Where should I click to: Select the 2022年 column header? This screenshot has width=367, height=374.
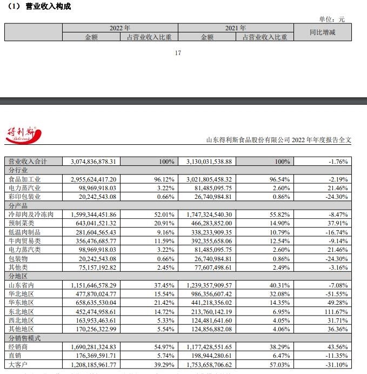[119, 28]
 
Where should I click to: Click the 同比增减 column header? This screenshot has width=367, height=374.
[322, 32]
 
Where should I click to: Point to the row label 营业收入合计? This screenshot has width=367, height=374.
[28, 162]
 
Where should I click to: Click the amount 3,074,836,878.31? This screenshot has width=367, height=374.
[94, 162]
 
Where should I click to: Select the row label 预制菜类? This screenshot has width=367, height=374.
[21, 223]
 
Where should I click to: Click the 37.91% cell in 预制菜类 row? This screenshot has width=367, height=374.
[338, 223]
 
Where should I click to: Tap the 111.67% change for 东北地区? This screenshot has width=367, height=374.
[337, 311]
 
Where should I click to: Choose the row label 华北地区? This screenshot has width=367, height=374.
[21, 294]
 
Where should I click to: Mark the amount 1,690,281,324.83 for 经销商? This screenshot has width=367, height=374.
[94, 346]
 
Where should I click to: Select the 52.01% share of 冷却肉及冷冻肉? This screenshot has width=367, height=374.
[164, 214]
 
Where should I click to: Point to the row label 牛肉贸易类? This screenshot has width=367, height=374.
[24, 241]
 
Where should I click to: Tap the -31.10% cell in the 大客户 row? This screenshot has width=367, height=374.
[337, 364]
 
